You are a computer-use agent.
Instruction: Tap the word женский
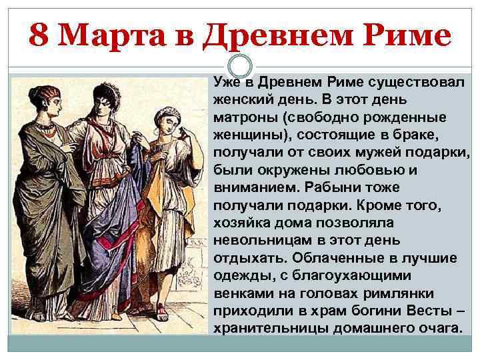[243, 97]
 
